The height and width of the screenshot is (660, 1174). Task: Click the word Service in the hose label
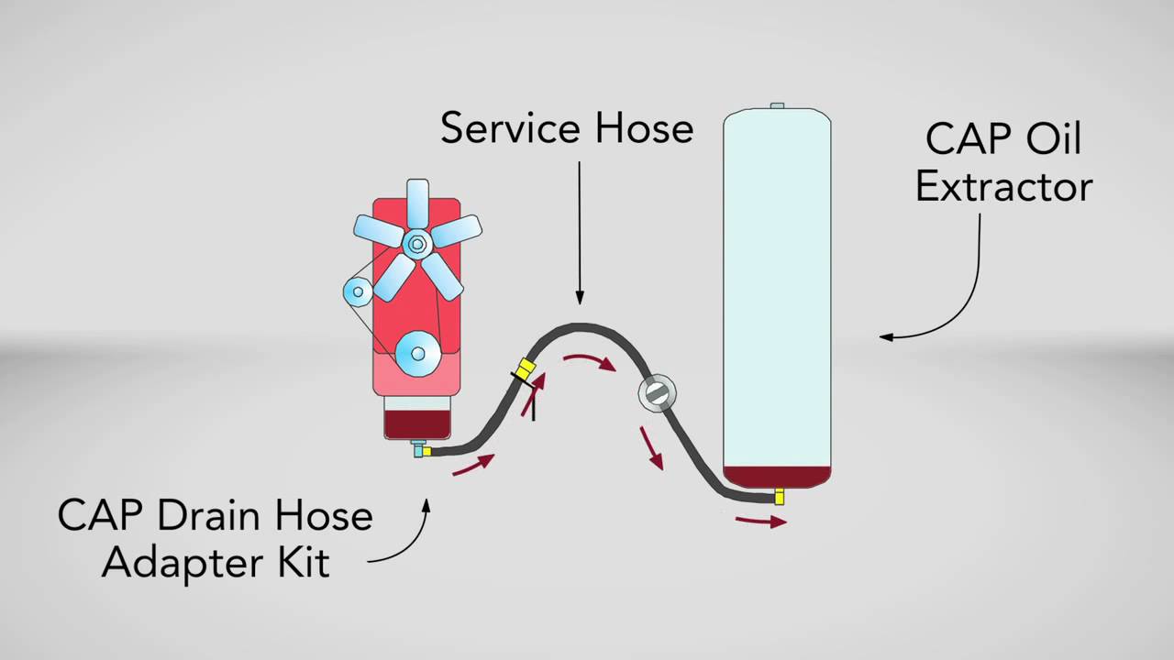[x=512, y=128]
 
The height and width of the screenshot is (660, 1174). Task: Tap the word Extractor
[x=1003, y=186]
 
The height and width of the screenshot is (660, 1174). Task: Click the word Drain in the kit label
[x=204, y=516]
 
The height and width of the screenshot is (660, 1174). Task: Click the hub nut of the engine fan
[x=416, y=244]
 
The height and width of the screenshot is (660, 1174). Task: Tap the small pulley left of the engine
[x=358, y=292]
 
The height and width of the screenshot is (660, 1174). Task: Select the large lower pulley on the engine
[x=417, y=352]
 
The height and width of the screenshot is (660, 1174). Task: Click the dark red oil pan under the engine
[x=416, y=424]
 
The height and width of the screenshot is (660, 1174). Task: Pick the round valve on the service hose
[x=657, y=392]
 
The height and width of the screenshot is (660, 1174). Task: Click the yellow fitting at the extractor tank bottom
[x=779, y=497]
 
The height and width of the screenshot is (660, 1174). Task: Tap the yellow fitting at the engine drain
[x=426, y=451]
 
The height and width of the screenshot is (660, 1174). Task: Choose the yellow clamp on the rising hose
[x=524, y=369]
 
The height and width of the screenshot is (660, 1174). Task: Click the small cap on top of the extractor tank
[x=777, y=106]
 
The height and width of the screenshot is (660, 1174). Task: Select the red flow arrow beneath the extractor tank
[x=760, y=522]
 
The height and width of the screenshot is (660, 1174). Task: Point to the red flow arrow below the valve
[x=652, y=447]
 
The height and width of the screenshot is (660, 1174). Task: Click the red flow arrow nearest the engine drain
[x=473, y=465]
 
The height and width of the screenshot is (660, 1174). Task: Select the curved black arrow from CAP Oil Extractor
[x=945, y=302]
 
